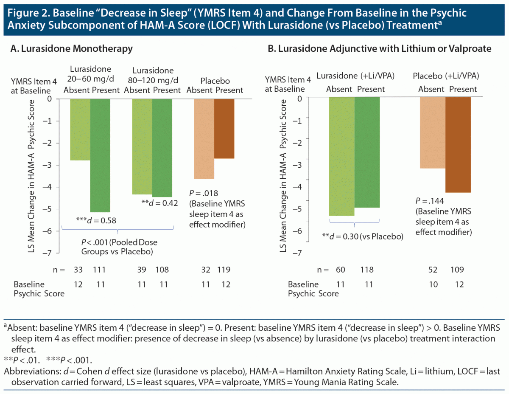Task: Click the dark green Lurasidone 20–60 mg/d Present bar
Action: click(x=100, y=155)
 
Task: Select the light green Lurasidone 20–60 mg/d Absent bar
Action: click(x=80, y=129)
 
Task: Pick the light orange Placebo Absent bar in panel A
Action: click(x=204, y=138)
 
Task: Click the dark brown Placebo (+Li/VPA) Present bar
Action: click(x=458, y=145)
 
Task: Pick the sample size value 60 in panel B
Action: click(x=341, y=270)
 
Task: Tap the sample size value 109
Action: click(x=458, y=270)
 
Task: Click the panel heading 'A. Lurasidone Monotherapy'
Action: click(x=71, y=49)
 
